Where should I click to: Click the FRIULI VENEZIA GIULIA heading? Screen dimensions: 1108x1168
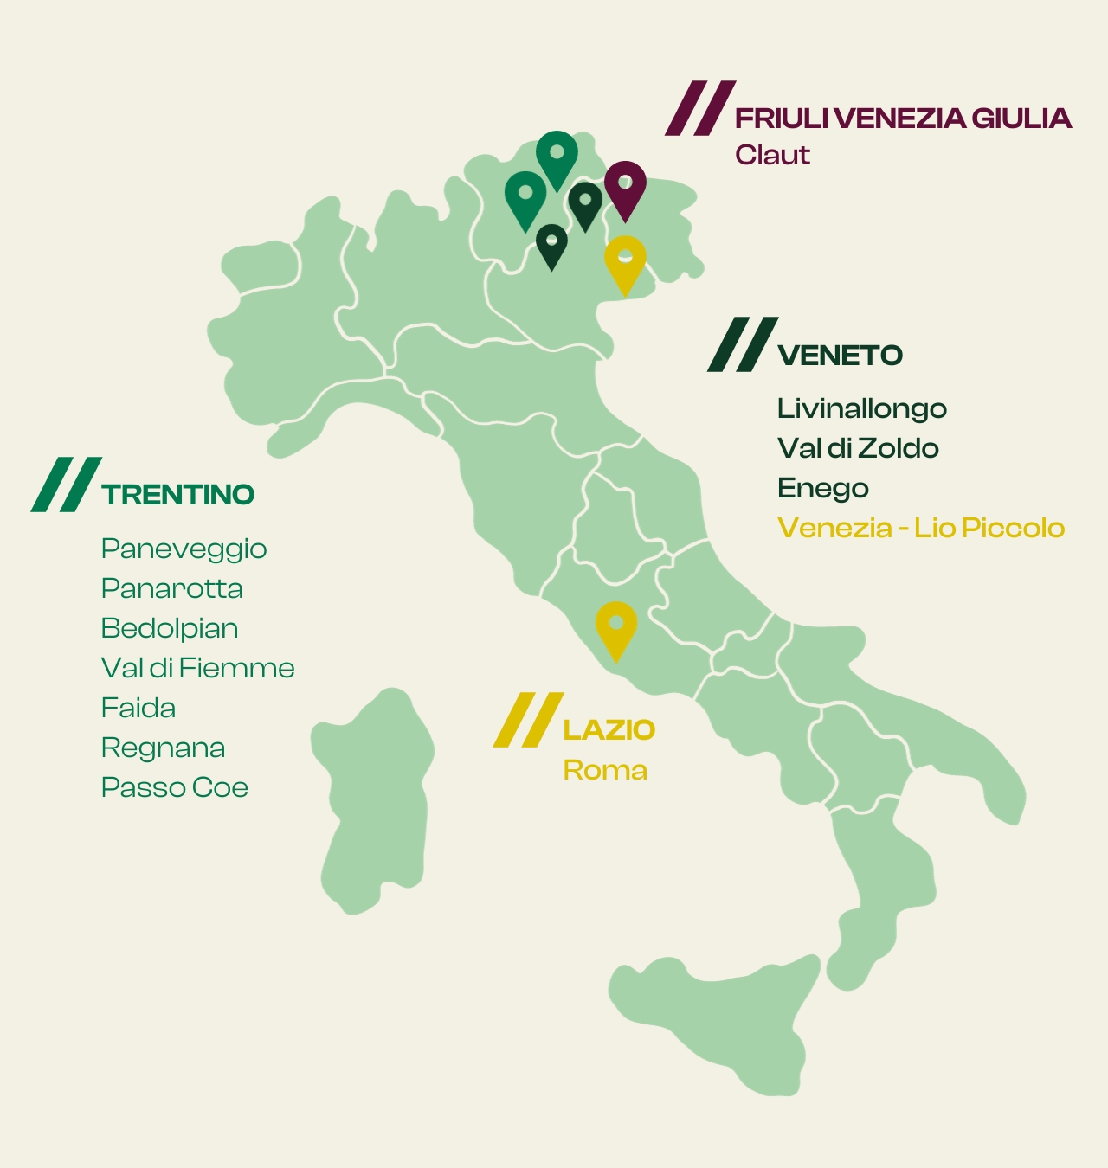click(903, 119)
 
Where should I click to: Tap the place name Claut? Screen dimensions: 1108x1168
click(772, 155)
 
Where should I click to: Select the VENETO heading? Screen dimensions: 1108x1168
click(840, 356)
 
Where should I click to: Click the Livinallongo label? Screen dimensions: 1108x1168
click(861, 408)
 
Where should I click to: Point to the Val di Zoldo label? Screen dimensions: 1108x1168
click(857, 448)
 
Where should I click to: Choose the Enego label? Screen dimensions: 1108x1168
click(822, 488)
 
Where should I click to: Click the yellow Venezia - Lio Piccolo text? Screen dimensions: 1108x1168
click(920, 528)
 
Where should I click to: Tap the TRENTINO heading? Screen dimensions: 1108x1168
click(177, 495)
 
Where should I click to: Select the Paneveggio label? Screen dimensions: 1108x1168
click(184, 549)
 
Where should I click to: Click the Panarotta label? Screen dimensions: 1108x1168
click(171, 588)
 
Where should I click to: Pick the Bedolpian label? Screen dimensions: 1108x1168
click(169, 628)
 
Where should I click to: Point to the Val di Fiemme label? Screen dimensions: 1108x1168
click(197, 668)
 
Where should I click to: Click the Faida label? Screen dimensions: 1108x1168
click(138, 708)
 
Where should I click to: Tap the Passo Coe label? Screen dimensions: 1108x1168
click(174, 787)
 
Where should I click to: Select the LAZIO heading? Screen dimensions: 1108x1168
click(609, 729)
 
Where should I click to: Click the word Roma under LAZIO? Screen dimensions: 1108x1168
click(604, 770)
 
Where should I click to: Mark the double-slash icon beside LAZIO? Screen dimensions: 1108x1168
click(528, 720)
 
